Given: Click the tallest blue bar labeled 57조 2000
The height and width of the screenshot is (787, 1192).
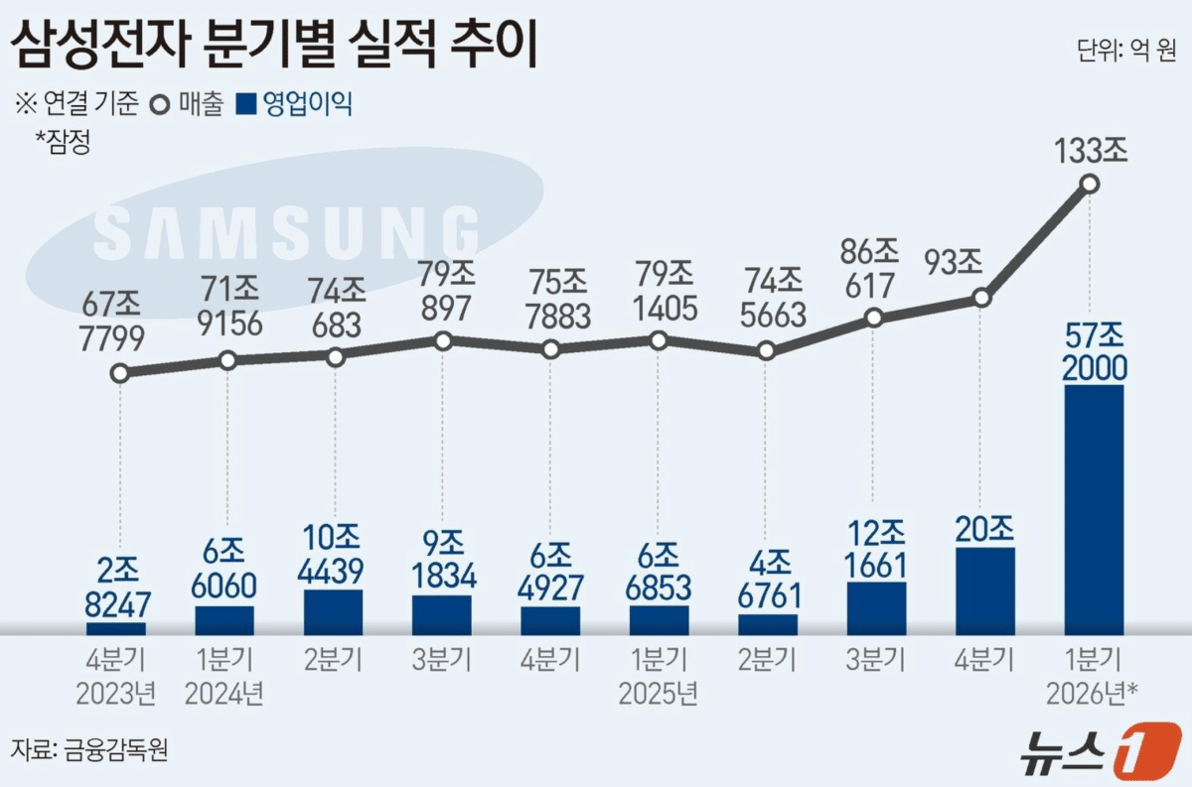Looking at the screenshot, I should click(1094, 509).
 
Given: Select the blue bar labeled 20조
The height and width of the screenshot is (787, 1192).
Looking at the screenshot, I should click(985, 590).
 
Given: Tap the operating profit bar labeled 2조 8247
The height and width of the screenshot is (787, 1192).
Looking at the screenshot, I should click(116, 628).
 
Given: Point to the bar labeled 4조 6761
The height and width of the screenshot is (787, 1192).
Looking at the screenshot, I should click(768, 624).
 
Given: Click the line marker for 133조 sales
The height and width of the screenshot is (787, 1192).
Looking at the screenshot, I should click(1090, 184).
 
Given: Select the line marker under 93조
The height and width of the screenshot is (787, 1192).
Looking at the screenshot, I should click(981, 298).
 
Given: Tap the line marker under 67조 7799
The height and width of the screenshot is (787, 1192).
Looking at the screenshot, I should click(120, 373).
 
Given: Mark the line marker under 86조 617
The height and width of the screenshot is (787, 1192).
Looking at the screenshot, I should click(874, 318).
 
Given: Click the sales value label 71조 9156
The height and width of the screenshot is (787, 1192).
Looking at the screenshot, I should click(229, 307).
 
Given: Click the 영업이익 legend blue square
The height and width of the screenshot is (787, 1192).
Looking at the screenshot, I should click(246, 103).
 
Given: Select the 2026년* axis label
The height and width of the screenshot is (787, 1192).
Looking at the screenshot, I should click(1093, 693).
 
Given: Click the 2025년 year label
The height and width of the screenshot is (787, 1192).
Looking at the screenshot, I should click(659, 693).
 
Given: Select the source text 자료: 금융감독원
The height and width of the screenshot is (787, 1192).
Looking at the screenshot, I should click(89, 749).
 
